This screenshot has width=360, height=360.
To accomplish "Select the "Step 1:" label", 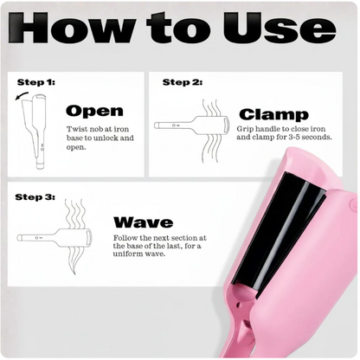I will (x=35, y=82).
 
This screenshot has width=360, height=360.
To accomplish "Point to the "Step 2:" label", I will (x=183, y=82).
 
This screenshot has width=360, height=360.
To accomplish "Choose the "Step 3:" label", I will (x=35, y=197).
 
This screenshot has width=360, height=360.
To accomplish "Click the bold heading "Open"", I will (x=94, y=111).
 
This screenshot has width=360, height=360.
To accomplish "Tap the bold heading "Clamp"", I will (x=273, y=114).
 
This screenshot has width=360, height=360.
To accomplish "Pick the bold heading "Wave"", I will (x=142, y=222).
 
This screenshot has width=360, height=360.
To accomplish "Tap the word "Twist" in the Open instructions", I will (x=78, y=128).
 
